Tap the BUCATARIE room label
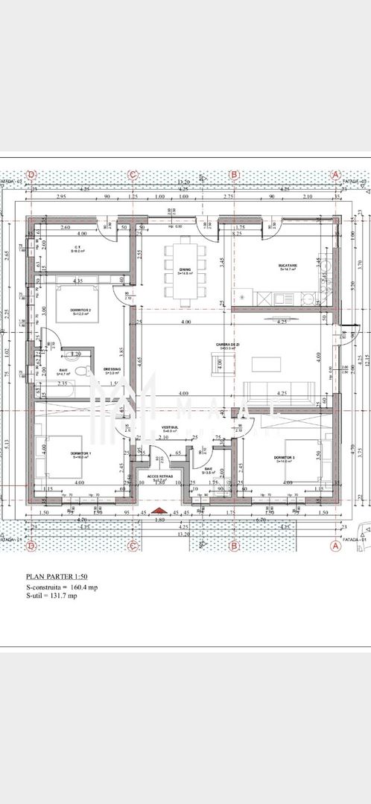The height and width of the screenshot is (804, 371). tap(288, 267)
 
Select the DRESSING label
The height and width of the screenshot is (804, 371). tap(112, 369)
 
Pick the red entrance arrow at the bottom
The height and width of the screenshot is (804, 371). tap(157, 511)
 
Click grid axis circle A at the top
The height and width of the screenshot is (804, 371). tap(335, 174)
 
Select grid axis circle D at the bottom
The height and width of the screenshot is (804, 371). tap(31, 546)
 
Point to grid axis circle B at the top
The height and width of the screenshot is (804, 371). tap(234, 174)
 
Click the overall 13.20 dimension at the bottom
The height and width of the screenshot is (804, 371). tap(183, 533)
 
